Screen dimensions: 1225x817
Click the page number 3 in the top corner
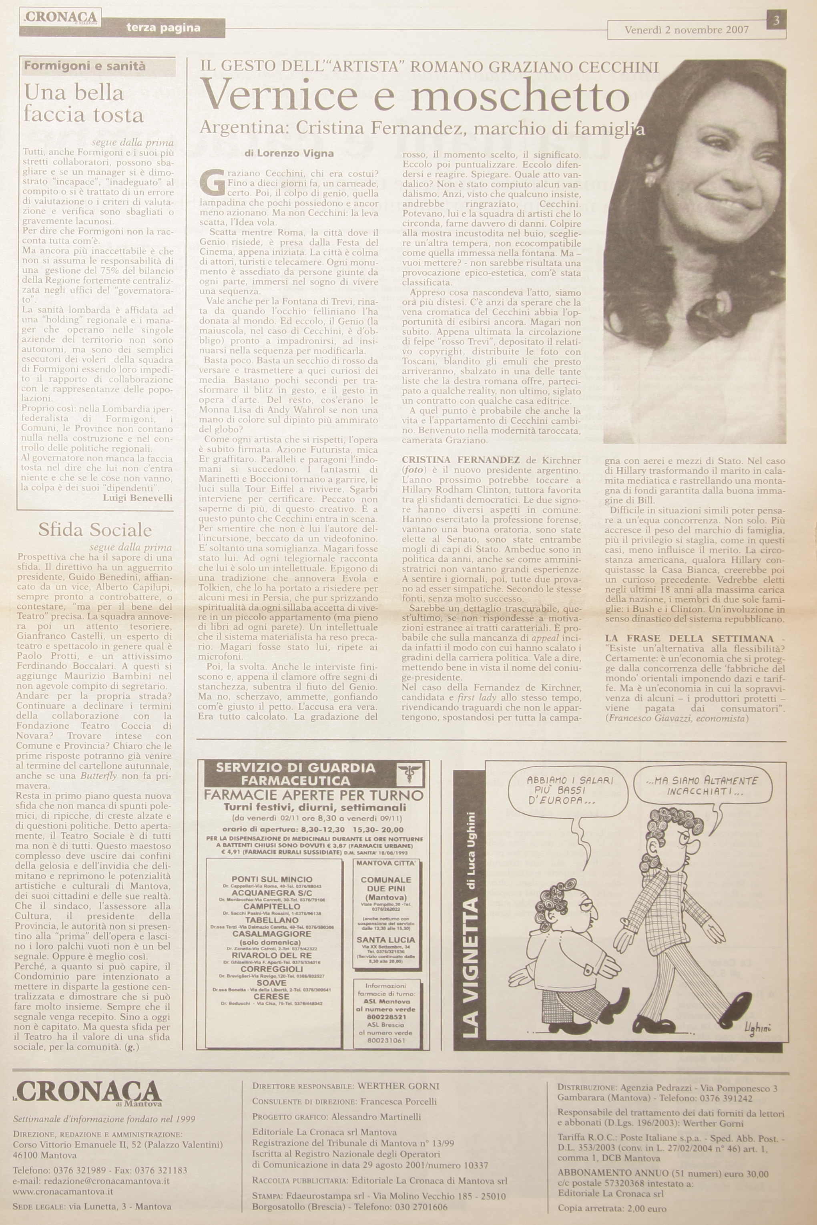click(776, 20)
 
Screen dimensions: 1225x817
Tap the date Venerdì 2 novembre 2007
click(686, 30)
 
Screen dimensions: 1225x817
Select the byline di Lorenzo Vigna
click(289, 153)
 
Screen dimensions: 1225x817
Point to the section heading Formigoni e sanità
click(85, 66)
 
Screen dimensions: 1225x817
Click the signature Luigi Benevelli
click(138, 498)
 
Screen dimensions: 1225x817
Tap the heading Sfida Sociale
click(95, 530)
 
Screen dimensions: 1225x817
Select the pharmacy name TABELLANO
click(272, 920)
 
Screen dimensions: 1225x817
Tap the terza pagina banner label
click(163, 28)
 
